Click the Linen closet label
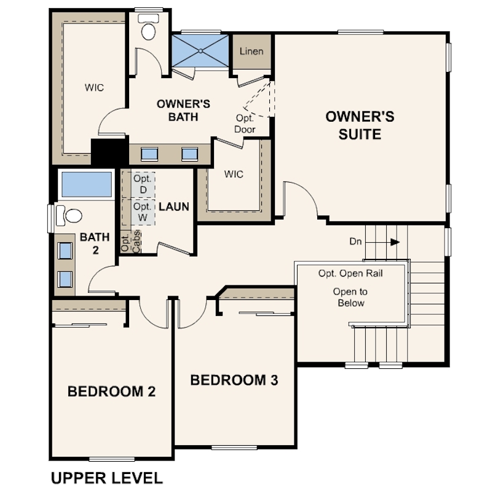click(251, 51)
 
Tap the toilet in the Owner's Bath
click(148, 27)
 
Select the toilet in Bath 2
click(69, 215)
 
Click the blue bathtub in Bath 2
click(87, 184)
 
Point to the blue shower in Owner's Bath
click(200, 51)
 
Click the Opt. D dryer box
click(143, 184)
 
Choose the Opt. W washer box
click(143, 212)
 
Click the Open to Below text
click(350, 298)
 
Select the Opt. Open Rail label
click(350, 274)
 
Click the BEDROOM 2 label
click(111, 391)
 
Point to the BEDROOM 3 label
click(234, 380)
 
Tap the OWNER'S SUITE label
click(360, 125)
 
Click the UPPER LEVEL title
click(107, 478)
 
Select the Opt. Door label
click(245, 124)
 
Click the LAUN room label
click(174, 207)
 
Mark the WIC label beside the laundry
click(234, 174)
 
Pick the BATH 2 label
click(95, 243)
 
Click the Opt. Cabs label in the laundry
click(130, 242)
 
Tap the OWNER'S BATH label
click(183, 110)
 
